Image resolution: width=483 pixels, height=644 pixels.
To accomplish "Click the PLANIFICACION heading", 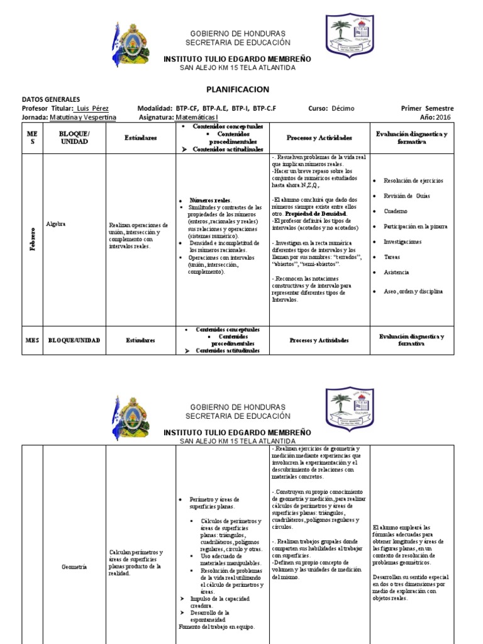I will coord(238,90).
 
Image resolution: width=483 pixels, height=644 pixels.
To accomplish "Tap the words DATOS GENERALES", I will coord(51,99).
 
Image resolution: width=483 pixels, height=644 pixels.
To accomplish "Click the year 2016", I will coord(443,117).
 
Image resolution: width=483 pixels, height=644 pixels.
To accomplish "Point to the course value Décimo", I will coord(344,108).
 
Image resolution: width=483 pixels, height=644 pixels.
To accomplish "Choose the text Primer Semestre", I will coord(427,108).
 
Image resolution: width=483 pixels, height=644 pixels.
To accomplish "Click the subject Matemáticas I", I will coord(196,117).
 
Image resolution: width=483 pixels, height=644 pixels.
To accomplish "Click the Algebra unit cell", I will coord(57,223).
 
